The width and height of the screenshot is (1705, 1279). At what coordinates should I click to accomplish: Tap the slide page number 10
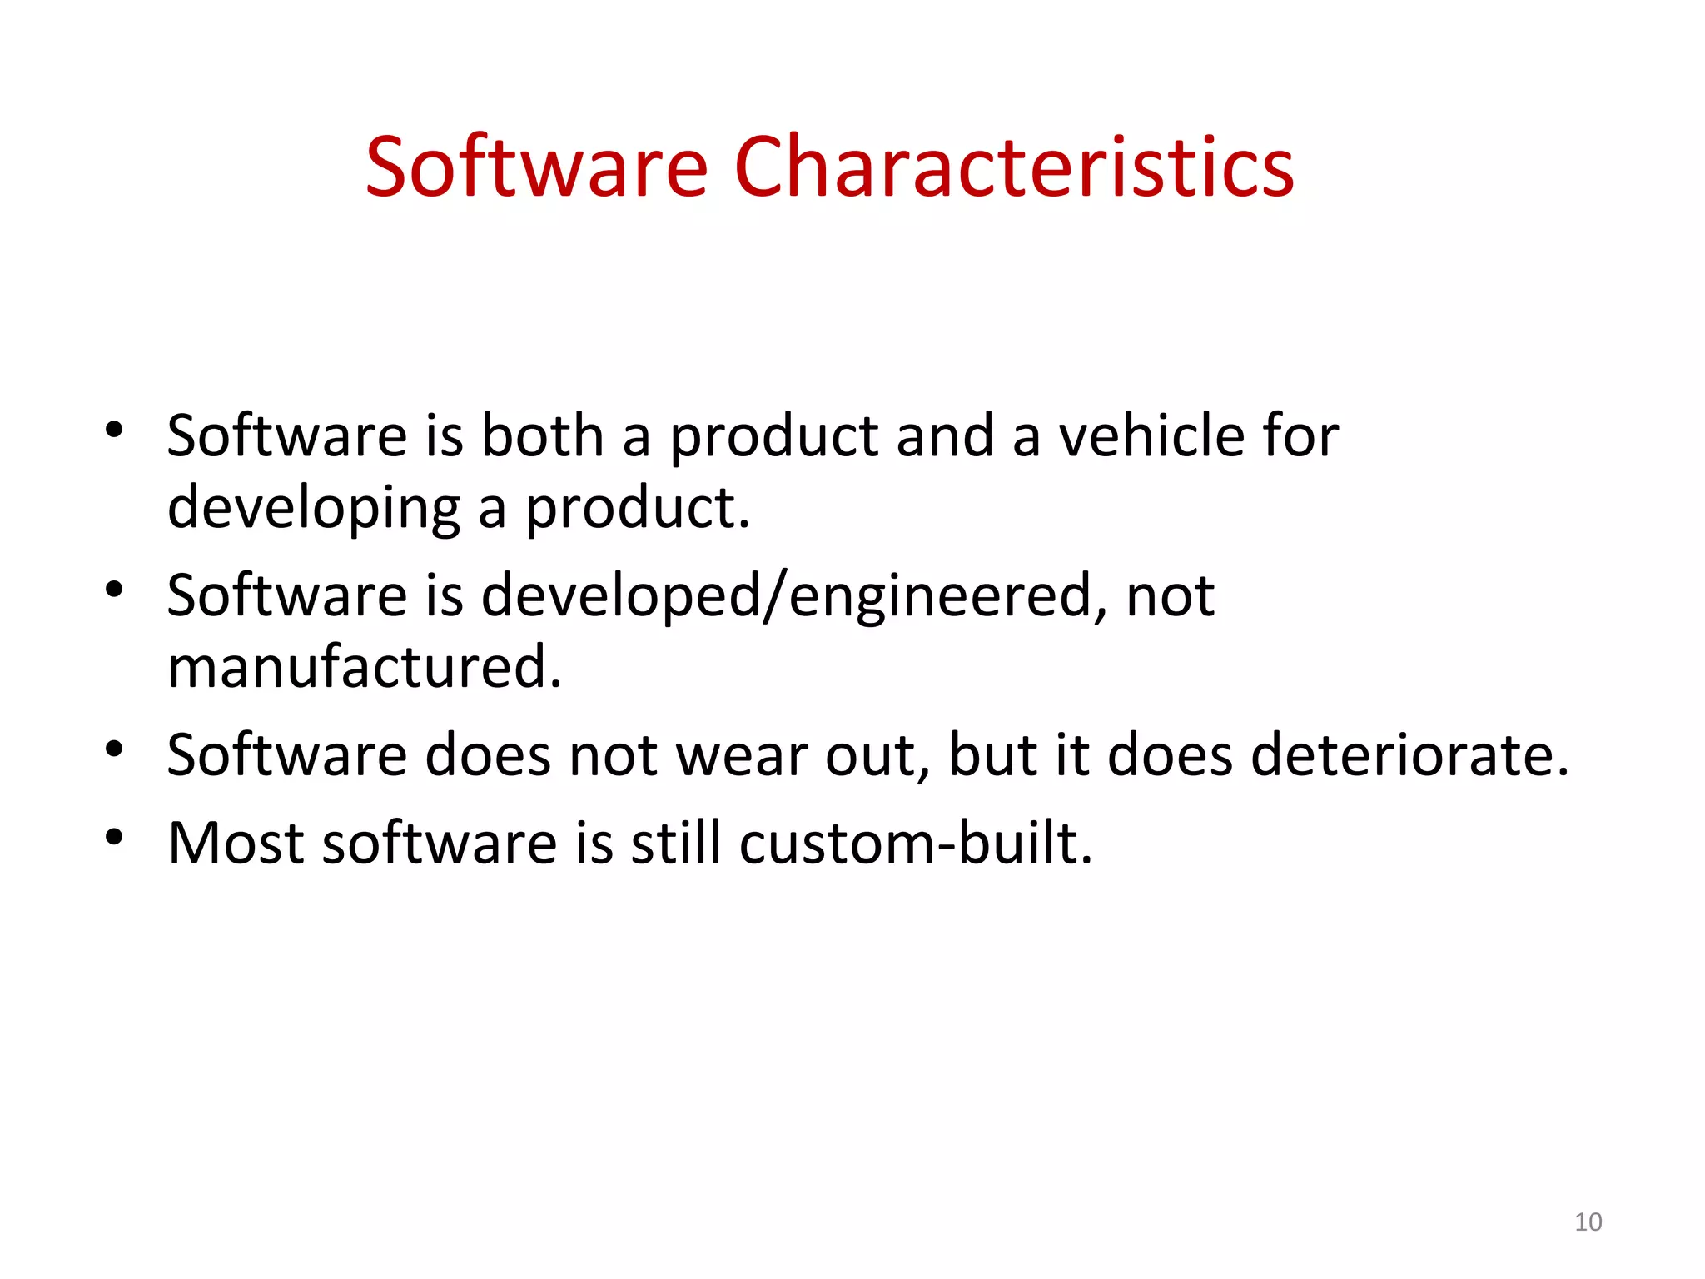[1588, 1222]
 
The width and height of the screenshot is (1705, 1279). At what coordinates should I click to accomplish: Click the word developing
[313, 508]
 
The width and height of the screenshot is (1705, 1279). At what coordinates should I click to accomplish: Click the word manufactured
[365, 667]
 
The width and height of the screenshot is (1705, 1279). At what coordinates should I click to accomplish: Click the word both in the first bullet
[543, 436]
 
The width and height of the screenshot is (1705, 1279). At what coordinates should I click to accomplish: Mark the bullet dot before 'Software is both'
[114, 430]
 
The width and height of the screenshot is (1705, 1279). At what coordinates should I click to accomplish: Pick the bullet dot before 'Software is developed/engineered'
[114, 589]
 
